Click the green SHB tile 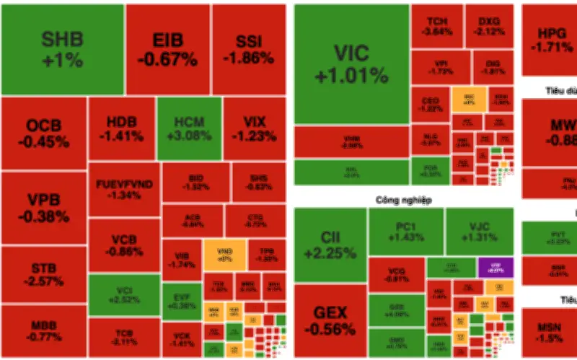tap(62, 49)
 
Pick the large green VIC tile tap(351, 63)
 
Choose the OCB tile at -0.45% tap(43, 133)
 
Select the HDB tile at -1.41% tap(121, 128)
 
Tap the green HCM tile tap(189, 128)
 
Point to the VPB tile tap(43, 208)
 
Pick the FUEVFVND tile tap(124, 189)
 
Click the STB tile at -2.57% tap(43, 275)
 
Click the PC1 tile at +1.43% tap(406, 231)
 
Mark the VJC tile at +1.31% tap(480, 231)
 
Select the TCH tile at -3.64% tap(435, 27)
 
